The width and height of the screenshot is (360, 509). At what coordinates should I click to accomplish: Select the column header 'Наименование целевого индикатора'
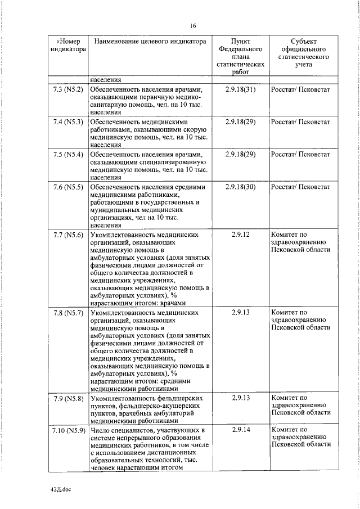(x=150, y=42)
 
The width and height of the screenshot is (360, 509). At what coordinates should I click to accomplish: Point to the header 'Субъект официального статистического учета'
(x=304, y=53)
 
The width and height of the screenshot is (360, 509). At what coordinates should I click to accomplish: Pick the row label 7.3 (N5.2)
(x=67, y=89)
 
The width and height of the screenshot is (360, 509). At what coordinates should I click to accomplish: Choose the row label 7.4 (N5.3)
(x=67, y=121)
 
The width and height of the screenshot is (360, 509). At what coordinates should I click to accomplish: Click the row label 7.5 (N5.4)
(x=67, y=154)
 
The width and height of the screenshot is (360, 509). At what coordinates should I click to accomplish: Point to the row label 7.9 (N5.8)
(x=67, y=398)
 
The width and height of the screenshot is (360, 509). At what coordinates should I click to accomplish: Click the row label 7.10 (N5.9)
(x=67, y=430)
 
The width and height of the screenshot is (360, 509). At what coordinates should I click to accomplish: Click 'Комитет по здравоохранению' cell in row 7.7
(x=300, y=242)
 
